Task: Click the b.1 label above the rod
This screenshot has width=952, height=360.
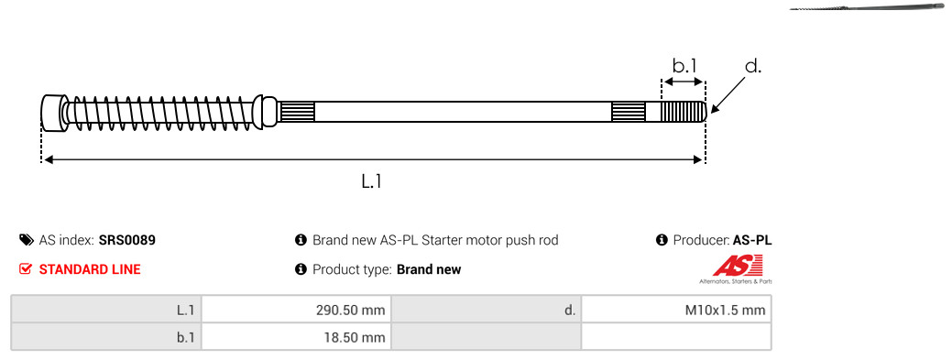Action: coord(684,65)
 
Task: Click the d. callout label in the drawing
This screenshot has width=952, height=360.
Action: coord(752,66)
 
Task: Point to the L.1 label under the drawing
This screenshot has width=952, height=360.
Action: coord(371,180)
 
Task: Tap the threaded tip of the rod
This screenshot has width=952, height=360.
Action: coord(683,112)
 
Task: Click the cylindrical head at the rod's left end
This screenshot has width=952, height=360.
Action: coord(52,112)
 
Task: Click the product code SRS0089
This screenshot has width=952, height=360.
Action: coord(126,240)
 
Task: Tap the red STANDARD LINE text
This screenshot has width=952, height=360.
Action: coord(90,269)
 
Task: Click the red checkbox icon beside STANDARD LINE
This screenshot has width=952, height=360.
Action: coord(26,269)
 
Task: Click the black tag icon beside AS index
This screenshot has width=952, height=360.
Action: coord(26,240)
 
